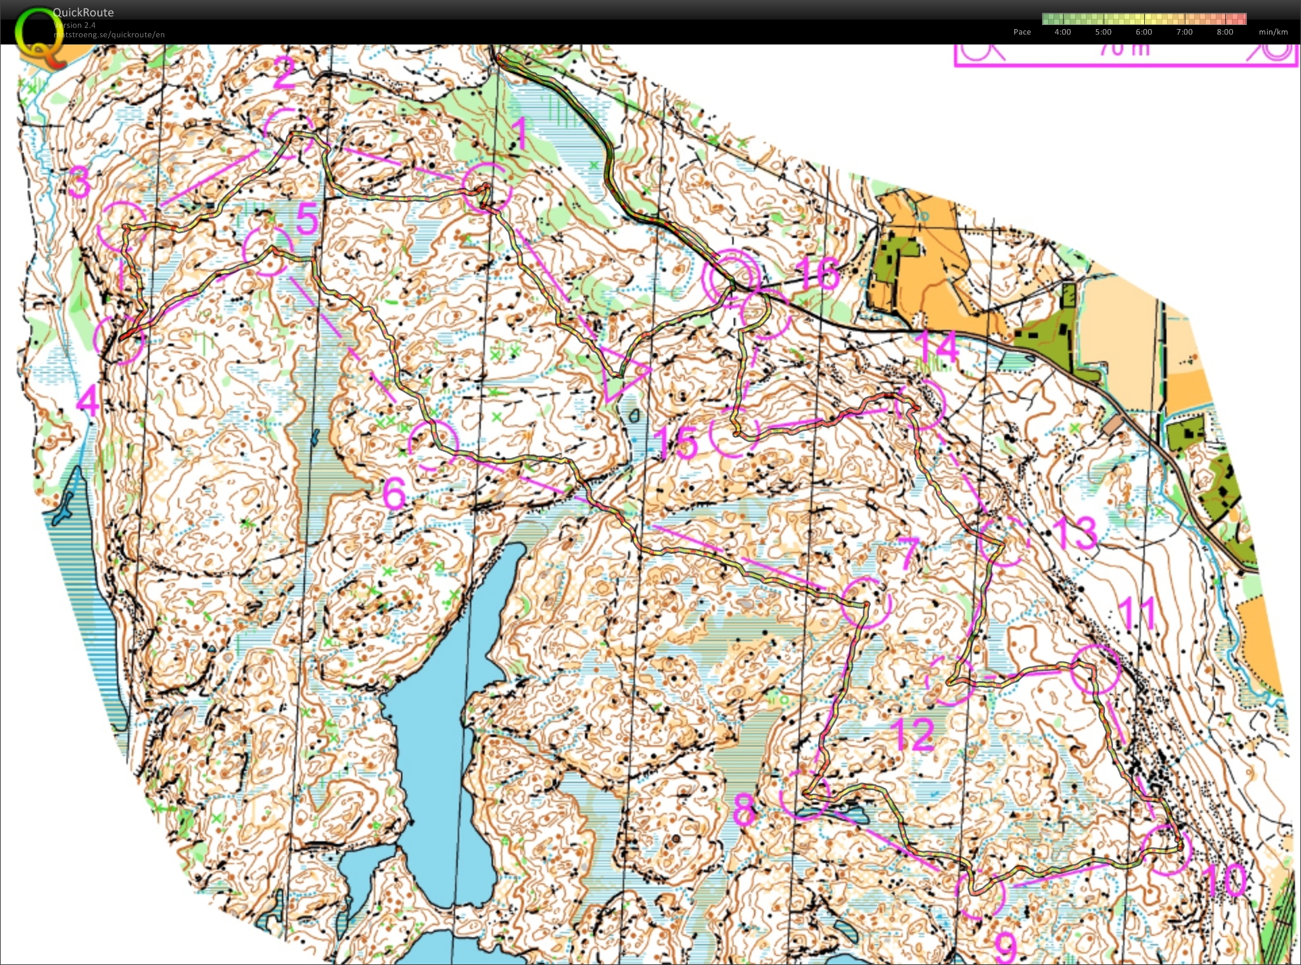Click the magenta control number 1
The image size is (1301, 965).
point(519,134)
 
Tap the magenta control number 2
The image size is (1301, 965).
point(285,73)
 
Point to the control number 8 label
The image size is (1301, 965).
point(744,809)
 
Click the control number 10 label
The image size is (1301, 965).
point(1225,880)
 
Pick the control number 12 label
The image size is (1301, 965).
point(914,734)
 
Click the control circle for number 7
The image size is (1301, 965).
point(866,602)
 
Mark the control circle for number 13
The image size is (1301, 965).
point(1003,541)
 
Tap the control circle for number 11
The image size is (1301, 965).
point(1096,669)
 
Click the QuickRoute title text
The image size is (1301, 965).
point(83,12)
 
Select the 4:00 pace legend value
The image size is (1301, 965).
point(1062,32)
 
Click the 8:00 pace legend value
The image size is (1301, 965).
point(1225,32)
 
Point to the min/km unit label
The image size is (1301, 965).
point(1273,32)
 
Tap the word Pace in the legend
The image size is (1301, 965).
point(1022,32)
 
